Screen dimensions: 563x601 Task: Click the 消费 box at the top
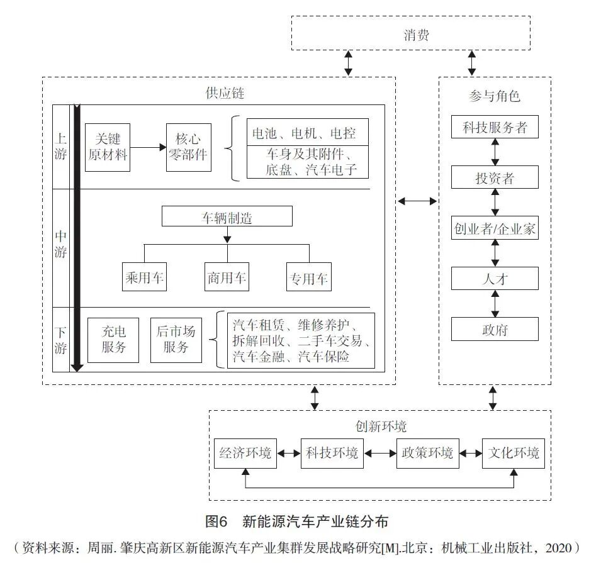(x=416, y=34)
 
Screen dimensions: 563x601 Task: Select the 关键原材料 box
(x=108, y=147)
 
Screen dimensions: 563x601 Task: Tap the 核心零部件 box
(x=188, y=147)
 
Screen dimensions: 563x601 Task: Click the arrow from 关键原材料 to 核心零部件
(x=147, y=147)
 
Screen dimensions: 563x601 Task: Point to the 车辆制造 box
(x=227, y=216)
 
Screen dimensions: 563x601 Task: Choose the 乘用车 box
(x=144, y=277)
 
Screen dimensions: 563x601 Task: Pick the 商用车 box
(x=227, y=277)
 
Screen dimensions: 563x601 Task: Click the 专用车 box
(x=308, y=277)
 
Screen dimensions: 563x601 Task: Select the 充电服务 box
(x=113, y=340)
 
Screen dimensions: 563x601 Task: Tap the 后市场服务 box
(x=176, y=340)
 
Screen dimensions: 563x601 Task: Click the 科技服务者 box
(x=495, y=127)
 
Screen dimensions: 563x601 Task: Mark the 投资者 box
(x=495, y=177)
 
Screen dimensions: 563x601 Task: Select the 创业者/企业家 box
(x=495, y=228)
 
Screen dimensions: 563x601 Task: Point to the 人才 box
(x=495, y=278)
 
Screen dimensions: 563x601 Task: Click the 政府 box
(x=495, y=329)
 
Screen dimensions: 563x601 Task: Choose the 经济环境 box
(x=245, y=453)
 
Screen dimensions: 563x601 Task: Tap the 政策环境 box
(x=425, y=453)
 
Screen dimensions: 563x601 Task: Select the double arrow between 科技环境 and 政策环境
(x=379, y=453)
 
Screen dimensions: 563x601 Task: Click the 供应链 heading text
(x=225, y=94)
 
